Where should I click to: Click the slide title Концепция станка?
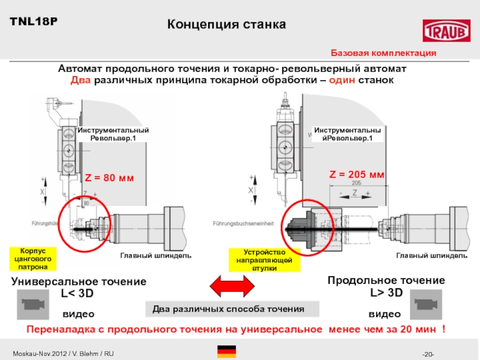pos(226,25)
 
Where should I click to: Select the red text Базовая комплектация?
pos(383,53)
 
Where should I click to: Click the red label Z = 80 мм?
pos(109,178)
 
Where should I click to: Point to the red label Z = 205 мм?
pos(356,175)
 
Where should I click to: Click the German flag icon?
pos(226,352)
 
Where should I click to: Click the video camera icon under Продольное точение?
pos(425,302)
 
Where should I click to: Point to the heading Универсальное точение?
pos(79,282)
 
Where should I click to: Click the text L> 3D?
pos(386,292)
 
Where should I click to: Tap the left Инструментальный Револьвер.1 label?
pos(113,134)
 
